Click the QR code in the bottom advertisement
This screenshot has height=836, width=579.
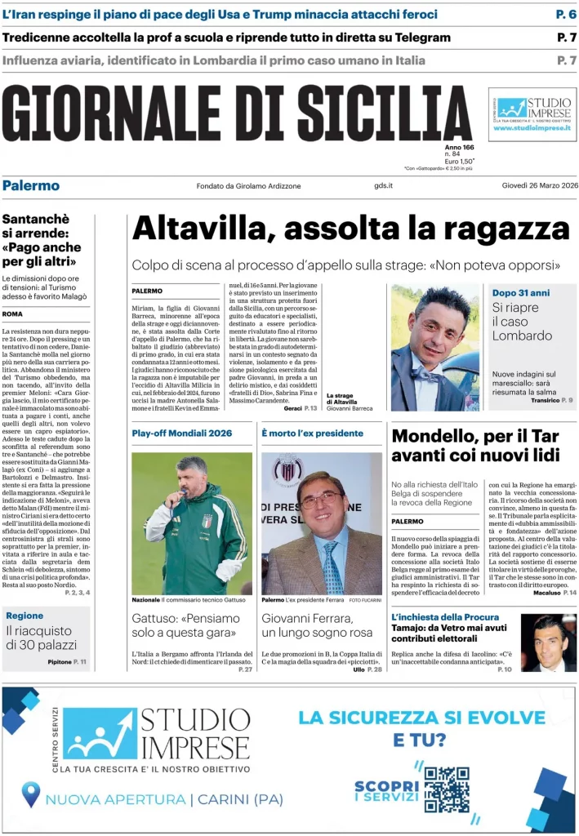click(447, 789)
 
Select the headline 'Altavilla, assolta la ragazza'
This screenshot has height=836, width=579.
click(350, 229)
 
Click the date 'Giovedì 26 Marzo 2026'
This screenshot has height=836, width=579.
click(539, 185)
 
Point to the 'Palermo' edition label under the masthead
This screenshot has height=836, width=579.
click(31, 185)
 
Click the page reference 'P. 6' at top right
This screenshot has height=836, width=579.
click(566, 14)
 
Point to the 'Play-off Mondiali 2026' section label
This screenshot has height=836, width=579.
click(181, 433)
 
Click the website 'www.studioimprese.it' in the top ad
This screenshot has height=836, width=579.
click(532, 128)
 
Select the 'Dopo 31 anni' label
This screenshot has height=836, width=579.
click(520, 292)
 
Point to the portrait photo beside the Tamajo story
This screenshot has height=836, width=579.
click(548, 643)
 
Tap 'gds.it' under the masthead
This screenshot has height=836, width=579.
click(384, 186)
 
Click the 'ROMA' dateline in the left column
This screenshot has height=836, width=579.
click(12, 313)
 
